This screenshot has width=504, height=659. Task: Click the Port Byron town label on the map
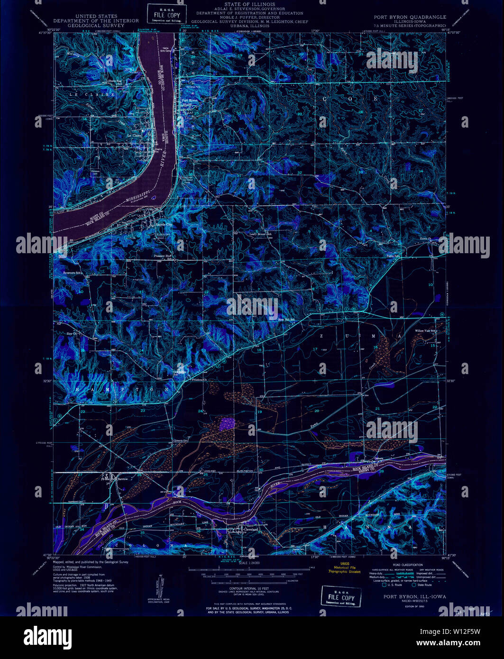click(190, 101)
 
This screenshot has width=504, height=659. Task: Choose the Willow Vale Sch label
click(425, 330)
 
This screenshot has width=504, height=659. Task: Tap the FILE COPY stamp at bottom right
click(341, 597)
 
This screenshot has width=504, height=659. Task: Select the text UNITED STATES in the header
click(96, 16)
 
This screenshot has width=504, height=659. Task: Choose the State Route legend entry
click(424, 585)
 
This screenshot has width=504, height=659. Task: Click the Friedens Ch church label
click(199, 380)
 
